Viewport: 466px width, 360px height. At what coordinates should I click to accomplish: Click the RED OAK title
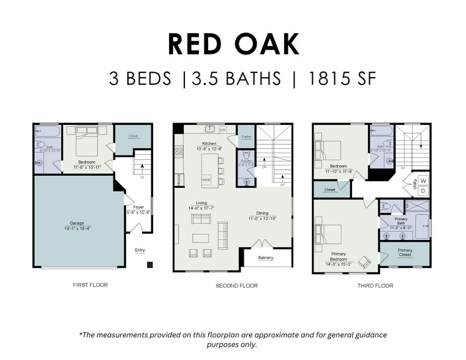[x=233, y=44]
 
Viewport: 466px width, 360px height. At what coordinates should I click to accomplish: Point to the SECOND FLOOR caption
[x=236, y=285]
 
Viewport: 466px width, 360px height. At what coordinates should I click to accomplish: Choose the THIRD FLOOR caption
[x=375, y=285]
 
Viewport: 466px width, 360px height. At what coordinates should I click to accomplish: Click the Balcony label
[x=265, y=258]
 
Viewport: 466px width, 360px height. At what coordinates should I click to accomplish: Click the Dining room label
[x=263, y=213]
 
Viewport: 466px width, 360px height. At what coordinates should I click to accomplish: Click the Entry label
[x=140, y=250]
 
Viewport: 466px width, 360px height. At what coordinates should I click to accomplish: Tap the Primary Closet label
[x=405, y=252]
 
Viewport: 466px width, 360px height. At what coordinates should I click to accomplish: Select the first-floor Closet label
[x=133, y=136]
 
